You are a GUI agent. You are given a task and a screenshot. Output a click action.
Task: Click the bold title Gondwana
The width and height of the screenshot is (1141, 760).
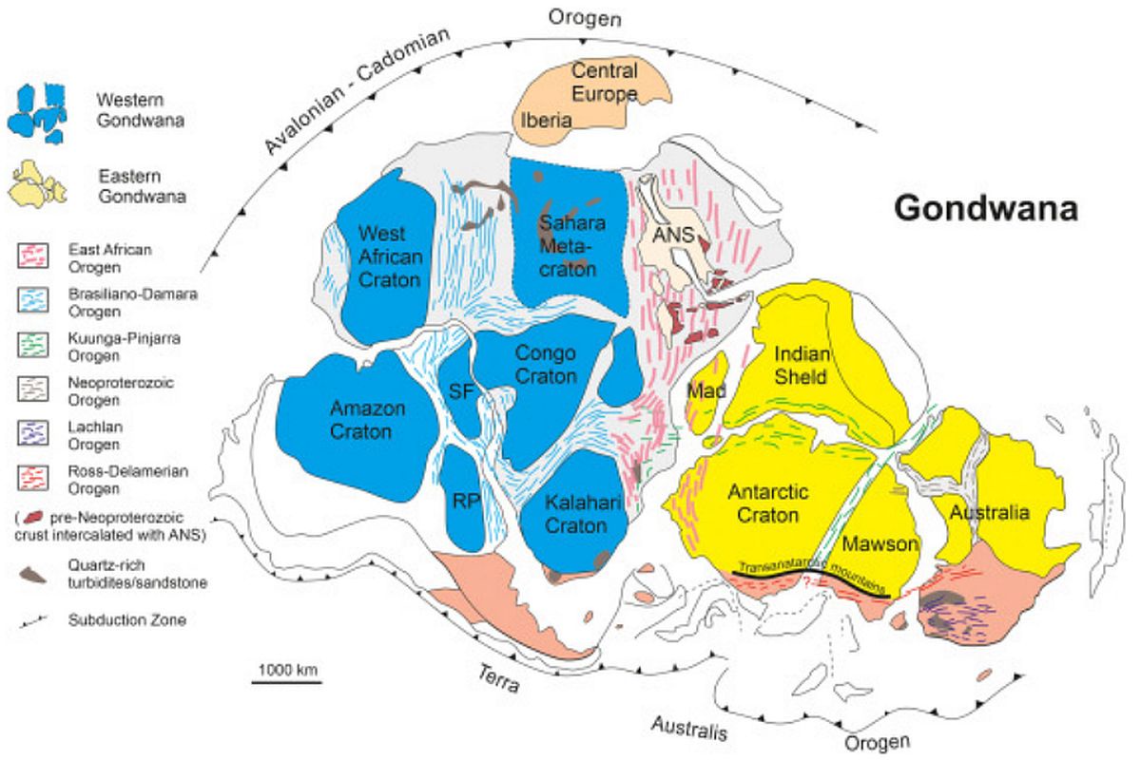(x=986, y=208)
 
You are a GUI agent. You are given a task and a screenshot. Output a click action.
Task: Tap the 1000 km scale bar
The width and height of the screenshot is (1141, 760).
(x=287, y=682)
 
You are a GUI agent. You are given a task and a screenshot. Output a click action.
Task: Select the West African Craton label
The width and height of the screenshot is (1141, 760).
(x=390, y=256)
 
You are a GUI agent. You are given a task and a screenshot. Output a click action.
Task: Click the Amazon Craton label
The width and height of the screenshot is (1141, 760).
(x=367, y=420)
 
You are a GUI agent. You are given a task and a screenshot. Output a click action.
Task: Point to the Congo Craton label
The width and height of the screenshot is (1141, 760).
(x=546, y=365)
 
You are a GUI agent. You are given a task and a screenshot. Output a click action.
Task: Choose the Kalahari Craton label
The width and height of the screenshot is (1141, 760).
(x=582, y=514)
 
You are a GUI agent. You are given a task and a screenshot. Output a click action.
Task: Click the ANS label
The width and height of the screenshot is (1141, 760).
(x=673, y=235)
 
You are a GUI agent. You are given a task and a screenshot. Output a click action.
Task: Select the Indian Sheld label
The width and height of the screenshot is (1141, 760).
(x=802, y=365)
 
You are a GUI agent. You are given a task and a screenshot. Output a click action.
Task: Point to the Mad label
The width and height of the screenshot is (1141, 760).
(x=706, y=391)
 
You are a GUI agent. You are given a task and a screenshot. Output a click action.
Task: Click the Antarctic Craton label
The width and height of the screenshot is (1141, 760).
(x=767, y=503)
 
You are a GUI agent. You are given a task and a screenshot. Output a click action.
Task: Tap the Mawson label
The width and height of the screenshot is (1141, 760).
(x=880, y=543)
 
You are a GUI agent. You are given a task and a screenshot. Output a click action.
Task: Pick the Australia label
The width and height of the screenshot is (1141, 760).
(x=990, y=512)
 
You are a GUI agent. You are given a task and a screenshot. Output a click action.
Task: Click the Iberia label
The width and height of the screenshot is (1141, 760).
(x=546, y=121)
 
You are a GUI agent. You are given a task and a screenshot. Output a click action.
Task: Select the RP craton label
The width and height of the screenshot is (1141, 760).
(x=466, y=502)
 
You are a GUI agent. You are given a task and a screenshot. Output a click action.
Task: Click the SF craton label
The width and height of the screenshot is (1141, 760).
(x=461, y=391)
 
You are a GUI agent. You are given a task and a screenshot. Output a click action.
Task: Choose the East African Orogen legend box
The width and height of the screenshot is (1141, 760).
(x=33, y=255)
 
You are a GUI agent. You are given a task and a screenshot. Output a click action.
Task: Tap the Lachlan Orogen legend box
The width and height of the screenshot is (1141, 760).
(x=33, y=432)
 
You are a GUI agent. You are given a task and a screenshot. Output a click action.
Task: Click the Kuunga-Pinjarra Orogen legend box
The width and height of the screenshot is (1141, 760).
(x=33, y=345)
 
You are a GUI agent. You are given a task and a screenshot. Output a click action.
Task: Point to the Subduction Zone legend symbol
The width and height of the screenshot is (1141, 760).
(x=33, y=621)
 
